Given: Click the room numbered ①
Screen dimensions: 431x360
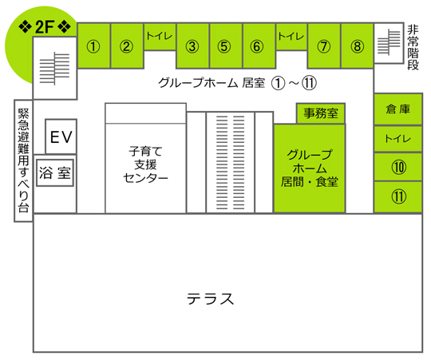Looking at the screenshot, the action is (93, 45).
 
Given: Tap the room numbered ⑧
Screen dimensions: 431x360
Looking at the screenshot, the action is (357, 45).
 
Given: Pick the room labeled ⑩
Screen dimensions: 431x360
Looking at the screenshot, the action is (398, 167).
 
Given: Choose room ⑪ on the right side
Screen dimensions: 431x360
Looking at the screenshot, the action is (398, 197).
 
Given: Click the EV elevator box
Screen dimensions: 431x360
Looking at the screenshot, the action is (61, 136).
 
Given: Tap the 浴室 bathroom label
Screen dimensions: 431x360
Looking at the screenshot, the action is (55, 173).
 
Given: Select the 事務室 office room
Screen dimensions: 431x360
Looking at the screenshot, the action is (321, 113).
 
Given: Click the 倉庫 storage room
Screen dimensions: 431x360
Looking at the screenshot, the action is (398, 109).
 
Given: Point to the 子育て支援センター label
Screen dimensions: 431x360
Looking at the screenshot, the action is (145, 164).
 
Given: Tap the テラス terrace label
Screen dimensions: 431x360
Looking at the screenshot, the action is (210, 299).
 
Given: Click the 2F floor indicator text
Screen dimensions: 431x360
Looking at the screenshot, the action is (44, 27).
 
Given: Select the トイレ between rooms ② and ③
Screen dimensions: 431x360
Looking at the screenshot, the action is (160, 37).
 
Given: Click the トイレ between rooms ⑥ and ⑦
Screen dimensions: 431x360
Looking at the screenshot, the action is (291, 37).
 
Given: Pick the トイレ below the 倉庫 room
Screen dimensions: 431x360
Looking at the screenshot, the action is (398, 139).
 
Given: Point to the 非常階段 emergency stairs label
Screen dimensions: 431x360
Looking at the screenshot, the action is (413, 47).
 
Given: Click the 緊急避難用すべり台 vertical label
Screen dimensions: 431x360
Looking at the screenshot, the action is (23, 160).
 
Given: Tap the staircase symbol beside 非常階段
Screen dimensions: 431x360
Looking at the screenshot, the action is (389, 42).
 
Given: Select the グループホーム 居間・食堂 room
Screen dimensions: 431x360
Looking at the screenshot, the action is (310, 168).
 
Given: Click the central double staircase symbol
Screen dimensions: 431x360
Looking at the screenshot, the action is (231, 163).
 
